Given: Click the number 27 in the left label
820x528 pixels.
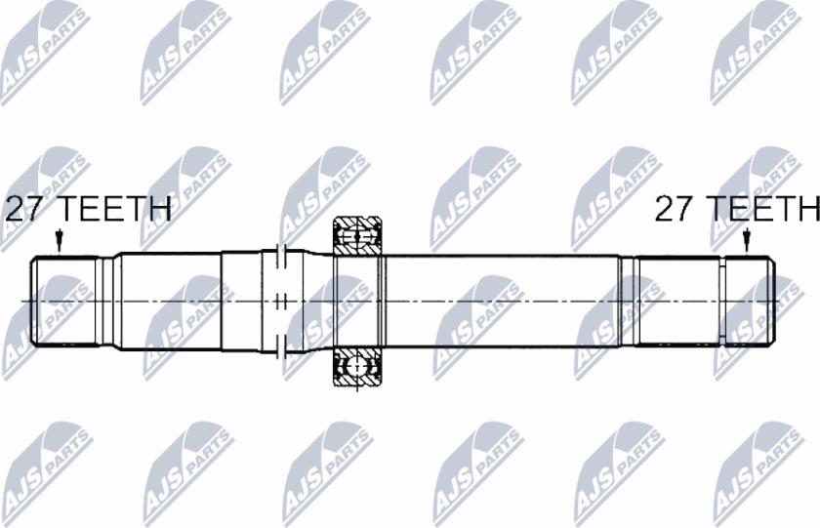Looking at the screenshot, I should click(24, 209).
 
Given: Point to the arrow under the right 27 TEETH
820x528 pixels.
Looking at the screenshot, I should click(747, 240).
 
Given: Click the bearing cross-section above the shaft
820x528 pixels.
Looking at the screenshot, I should click(358, 235).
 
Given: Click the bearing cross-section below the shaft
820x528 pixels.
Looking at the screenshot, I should click(358, 366).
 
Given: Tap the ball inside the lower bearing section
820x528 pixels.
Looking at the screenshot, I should click(358, 367).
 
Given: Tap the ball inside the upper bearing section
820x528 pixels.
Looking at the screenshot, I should click(358, 235).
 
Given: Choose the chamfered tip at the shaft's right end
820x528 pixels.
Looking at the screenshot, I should click(770, 300).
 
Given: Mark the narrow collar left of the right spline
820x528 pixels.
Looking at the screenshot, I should click(628, 300).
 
